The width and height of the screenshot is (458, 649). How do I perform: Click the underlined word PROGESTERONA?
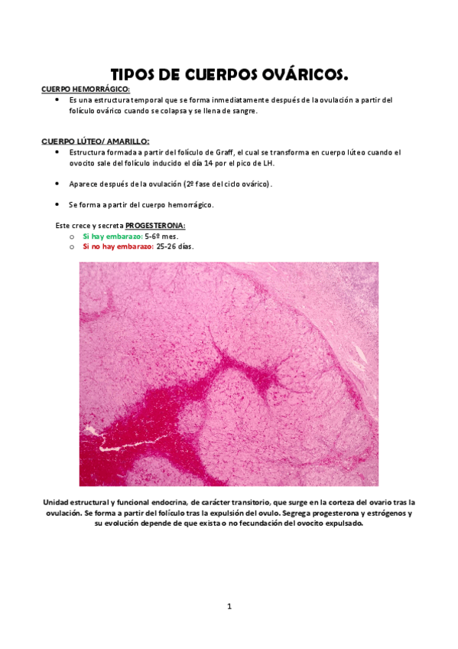pyautogui.click(x=155, y=226)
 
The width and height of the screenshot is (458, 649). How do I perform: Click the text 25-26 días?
pyautogui.click(x=174, y=246)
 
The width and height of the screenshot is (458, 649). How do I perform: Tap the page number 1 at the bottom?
pyautogui.click(x=229, y=606)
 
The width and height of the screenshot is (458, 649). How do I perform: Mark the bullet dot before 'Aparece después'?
pyautogui.click(x=59, y=184)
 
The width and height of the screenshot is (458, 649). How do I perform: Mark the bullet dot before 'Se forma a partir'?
pyautogui.click(x=59, y=204)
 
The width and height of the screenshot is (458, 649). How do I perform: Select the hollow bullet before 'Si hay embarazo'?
pyautogui.click(x=71, y=237)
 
